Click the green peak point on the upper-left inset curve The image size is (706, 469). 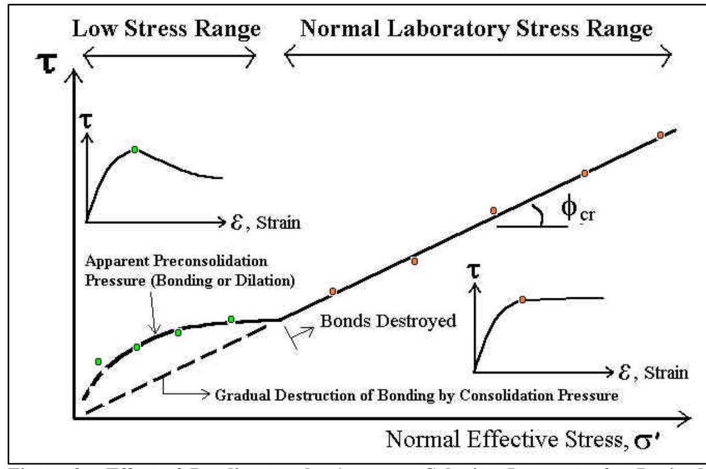click(x=134, y=149)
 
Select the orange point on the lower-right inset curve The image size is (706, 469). click(x=522, y=299)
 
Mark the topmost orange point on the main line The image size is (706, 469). click(x=660, y=135)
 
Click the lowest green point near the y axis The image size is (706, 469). click(x=98, y=361)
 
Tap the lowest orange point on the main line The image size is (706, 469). click(x=332, y=291)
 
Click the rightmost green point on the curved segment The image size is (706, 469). click(x=231, y=319)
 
